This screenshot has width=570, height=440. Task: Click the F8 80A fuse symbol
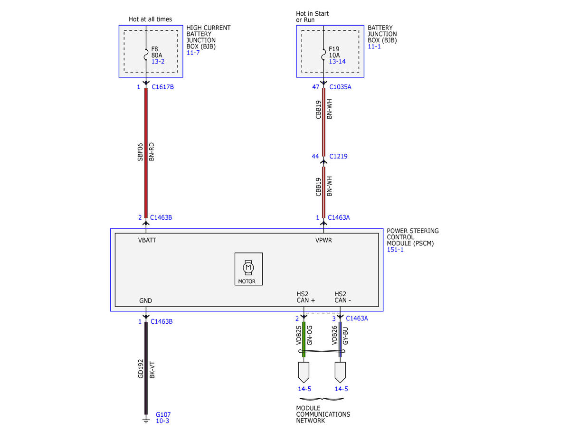point(146,55)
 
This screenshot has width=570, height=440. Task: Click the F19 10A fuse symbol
point(323,55)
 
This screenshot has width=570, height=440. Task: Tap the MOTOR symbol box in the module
point(248,269)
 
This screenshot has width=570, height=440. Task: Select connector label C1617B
point(162,87)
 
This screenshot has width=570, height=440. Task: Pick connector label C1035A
point(340,87)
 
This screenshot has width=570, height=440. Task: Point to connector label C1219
point(338,157)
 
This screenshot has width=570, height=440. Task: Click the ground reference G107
point(163,414)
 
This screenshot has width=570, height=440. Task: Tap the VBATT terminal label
point(147,240)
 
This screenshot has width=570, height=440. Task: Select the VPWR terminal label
point(323,240)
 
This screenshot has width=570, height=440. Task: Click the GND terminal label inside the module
point(145,300)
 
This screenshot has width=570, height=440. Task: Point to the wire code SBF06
point(140,152)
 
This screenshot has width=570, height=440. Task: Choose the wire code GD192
point(141,369)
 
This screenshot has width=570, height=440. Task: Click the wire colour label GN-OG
point(310,336)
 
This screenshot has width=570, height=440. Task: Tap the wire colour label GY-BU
point(345,336)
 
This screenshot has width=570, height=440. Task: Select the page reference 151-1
point(395,250)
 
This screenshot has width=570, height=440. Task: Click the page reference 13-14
point(337,62)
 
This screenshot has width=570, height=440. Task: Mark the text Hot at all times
point(150,19)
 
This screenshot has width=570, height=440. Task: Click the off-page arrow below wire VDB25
point(304,373)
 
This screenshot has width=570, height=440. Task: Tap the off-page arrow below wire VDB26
point(340,373)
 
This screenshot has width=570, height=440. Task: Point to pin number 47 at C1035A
point(315,87)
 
